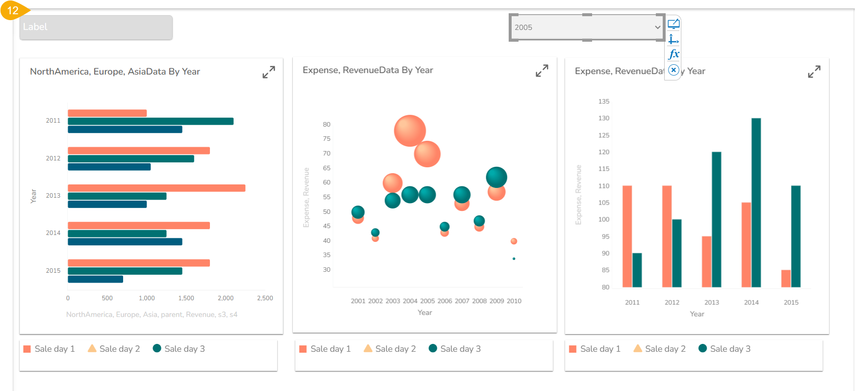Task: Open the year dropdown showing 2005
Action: tap(587, 27)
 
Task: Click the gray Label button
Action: tap(96, 27)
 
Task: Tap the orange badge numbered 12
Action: tap(13, 10)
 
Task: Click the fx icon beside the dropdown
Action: tap(674, 54)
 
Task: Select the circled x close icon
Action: tap(674, 70)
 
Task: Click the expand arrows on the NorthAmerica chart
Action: tap(268, 72)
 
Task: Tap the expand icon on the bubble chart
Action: tap(542, 71)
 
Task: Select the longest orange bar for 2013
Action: tap(156, 188)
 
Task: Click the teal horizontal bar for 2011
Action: tap(150, 121)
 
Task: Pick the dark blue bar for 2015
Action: tap(95, 279)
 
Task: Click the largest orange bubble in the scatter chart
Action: tap(410, 130)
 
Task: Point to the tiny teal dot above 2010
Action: tap(514, 259)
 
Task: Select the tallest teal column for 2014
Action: tap(756, 202)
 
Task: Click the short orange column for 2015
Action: tap(786, 278)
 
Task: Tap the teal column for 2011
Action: tap(637, 270)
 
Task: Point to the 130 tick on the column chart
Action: tap(603, 118)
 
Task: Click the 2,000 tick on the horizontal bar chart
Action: tap(226, 298)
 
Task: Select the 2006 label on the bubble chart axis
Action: tap(444, 301)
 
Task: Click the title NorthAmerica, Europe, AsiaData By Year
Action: tap(115, 72)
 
